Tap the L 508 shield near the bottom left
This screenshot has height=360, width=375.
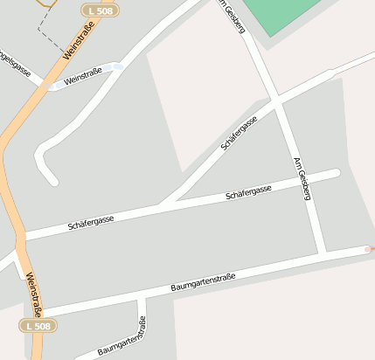38,325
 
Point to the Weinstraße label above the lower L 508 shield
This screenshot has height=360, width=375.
34,294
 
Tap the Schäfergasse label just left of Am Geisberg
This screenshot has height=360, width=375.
248,191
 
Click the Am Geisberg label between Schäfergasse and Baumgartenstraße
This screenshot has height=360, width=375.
302,179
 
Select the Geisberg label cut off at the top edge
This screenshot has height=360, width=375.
233,15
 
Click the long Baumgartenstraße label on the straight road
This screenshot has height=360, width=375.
203,282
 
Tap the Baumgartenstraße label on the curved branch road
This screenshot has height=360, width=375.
122,337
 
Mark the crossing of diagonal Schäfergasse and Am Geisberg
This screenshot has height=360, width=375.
276,103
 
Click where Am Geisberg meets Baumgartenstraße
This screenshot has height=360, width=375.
323,254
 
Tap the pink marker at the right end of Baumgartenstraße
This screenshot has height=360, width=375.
371,248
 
